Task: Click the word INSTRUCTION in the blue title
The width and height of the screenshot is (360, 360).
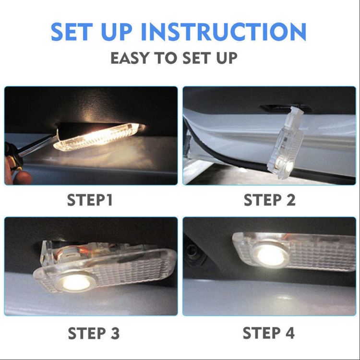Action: point(224,32)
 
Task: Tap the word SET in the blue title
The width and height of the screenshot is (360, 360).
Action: point(72,32)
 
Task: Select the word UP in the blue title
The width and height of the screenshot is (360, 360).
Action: point(117,32)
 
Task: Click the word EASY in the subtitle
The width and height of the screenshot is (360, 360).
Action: point(130,58)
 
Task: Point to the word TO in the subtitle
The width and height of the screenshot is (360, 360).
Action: point(165,58)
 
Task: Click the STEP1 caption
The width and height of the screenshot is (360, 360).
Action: point(90,200)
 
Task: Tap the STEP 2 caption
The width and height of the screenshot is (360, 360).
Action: point(270,200)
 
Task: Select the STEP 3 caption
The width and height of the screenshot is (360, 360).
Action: point(94,333)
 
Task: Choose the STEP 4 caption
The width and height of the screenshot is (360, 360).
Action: point(269,333)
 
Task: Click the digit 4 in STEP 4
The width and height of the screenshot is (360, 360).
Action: point(290,333)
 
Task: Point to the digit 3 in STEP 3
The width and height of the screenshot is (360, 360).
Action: point(115,333)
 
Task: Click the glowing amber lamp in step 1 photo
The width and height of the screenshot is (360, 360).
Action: point(99,137)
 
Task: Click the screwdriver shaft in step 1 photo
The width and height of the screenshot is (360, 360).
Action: point(38,146)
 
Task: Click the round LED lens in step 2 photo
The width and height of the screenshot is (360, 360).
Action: point(284,166)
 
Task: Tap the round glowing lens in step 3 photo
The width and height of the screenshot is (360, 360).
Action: point(76,282)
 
